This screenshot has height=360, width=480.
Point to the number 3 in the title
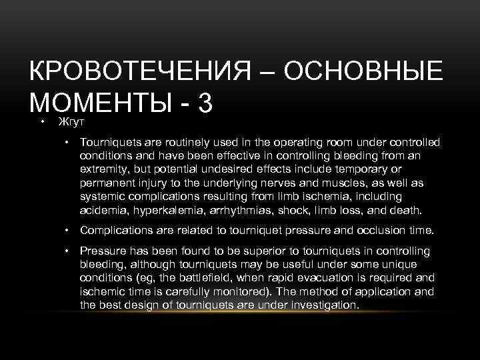pyautogui.click(x=205, y=103)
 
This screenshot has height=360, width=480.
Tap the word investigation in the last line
pyautogui.click(x=325, y=305)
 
